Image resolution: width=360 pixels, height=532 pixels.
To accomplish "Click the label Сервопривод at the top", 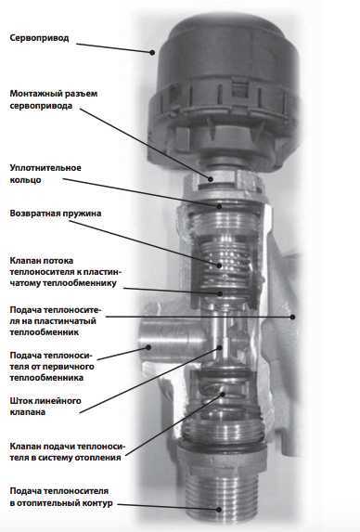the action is pos(39,38).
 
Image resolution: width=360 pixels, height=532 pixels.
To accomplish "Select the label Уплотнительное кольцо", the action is pos(45,174).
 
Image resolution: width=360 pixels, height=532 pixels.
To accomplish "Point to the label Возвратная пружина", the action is pos(56,214).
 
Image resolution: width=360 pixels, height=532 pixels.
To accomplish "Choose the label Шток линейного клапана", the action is pos(45,406).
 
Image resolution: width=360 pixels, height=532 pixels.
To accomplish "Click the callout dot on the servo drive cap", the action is pos(152,53).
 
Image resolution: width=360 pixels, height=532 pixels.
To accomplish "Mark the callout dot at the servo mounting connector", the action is pos(211,179).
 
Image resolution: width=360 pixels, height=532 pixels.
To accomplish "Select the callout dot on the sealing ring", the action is pos(219,206).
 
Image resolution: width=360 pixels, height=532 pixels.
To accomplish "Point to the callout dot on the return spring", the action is pos(219,266).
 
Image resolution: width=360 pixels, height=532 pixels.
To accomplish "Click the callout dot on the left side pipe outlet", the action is pos(148,347).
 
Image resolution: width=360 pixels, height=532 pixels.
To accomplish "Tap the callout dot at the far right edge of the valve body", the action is pos(292,317).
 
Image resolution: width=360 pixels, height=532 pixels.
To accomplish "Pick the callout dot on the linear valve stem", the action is pos(219,348).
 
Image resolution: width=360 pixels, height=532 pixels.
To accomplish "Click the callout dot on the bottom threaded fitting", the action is pos(219,510).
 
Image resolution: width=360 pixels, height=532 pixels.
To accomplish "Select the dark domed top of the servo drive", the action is pos(228,47).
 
